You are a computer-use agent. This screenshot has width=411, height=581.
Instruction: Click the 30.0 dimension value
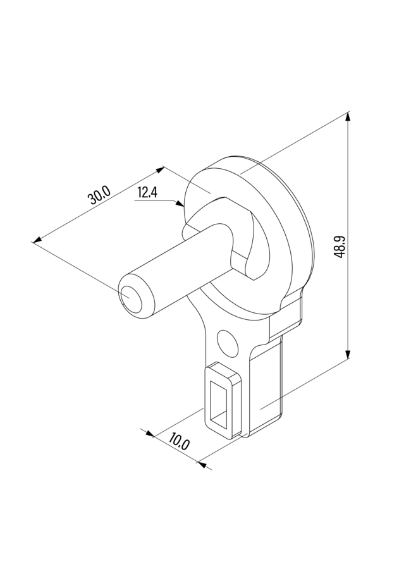[99, 195]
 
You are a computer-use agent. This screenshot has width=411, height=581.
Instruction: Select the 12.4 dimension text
[147, 193]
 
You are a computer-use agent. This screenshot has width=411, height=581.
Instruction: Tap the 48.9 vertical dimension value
[340, 247]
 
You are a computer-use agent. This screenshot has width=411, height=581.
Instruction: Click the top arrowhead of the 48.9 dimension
[348, 116]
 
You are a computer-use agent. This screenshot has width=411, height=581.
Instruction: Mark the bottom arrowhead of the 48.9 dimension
[348, 354]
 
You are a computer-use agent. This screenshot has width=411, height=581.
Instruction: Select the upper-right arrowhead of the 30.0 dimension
[160, 169]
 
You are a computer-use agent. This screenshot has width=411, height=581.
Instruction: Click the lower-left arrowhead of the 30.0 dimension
[37, 240]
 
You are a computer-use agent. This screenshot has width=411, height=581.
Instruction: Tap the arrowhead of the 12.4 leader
[180, 204]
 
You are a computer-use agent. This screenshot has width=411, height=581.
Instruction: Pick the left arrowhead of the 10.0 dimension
[149, 434]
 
